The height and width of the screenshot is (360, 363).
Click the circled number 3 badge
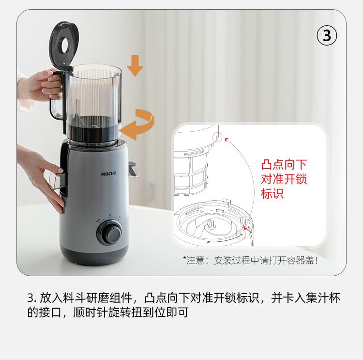(327, 35)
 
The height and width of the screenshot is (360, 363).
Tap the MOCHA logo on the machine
(108, 173)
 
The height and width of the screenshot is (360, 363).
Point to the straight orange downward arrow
(135, 65)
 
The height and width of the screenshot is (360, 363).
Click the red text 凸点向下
(284, 165)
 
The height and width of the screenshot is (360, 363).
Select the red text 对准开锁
(284, 179)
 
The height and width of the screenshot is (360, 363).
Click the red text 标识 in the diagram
(272, 193)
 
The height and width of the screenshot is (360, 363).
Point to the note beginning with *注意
(250, 260)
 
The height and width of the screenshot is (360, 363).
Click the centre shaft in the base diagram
(212, 224)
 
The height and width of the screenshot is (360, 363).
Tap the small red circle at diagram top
(217, 137)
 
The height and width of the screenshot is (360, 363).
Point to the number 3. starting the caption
(32, 298)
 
